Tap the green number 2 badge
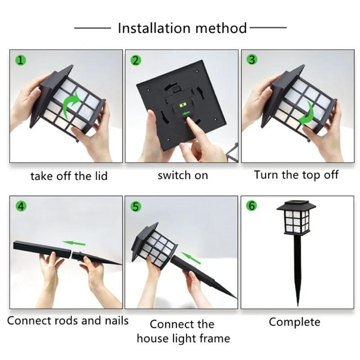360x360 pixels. [x=135, y=60]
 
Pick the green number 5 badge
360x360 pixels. [x=135, y=207]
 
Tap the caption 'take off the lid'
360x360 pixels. [x=69, y=176]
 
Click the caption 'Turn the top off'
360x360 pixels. [x=296, y=175]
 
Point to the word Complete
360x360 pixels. [x=294, y=322]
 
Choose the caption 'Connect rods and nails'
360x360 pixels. [x=68, y=321]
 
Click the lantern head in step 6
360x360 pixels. [x=296, y=219]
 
